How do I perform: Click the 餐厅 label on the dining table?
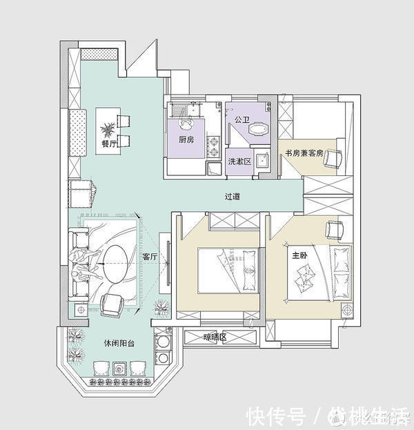108,144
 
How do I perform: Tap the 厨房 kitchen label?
186,139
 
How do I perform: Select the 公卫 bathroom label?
241,119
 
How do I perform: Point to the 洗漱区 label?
239,161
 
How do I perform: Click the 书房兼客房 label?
300,153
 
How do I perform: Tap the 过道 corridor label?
233,196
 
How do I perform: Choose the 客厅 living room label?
150,257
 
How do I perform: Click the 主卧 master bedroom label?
299,255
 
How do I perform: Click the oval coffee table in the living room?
115,263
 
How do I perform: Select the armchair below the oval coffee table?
112,304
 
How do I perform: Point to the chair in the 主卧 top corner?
335,228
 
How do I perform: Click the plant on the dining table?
108,128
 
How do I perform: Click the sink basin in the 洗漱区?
261,161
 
